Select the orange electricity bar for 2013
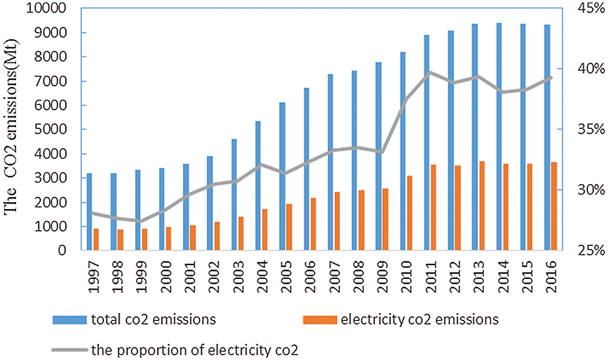482,206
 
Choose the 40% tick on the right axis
591,68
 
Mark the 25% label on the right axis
591,251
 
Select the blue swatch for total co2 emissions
69,320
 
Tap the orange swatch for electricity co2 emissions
320,320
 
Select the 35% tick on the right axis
591,129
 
